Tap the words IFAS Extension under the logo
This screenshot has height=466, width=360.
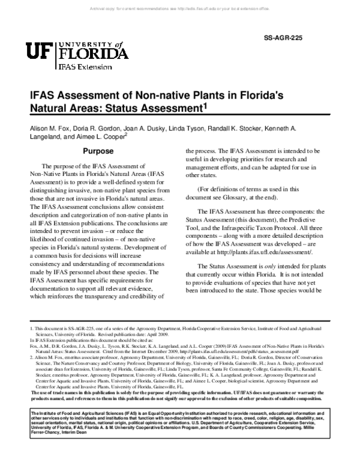pyautogui.click(x=85, y=68)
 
